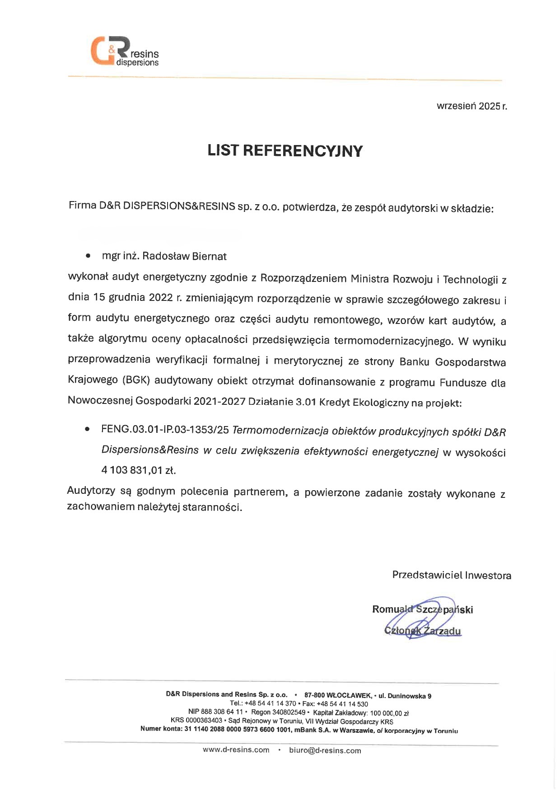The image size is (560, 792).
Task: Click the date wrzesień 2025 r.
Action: click(x=471, y=106)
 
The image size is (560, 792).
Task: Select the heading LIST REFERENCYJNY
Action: click(x=285, y=150)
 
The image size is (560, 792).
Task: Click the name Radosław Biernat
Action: click(x=184, y=256)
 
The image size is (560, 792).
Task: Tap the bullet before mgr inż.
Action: click(x=88, y=256)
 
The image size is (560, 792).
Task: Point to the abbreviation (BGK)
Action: click(x=135, y=380)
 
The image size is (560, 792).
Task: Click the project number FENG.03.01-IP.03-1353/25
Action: click(x=165, y=430)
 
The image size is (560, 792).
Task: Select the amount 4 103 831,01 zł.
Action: click(x=138, y=470)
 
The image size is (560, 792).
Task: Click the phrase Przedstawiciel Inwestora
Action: click(x=452, y=575)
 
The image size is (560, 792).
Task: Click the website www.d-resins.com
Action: click(x=236, y=750)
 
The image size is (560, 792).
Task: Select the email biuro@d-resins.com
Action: click(x=325, y=750)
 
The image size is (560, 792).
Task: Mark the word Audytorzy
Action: click(x=91, y=491)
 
